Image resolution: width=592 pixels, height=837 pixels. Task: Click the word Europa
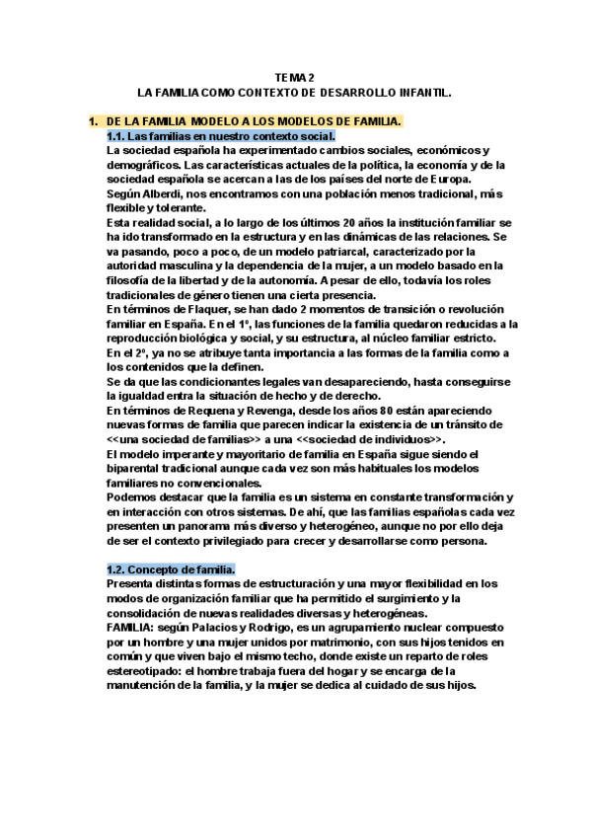point(444,179)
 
